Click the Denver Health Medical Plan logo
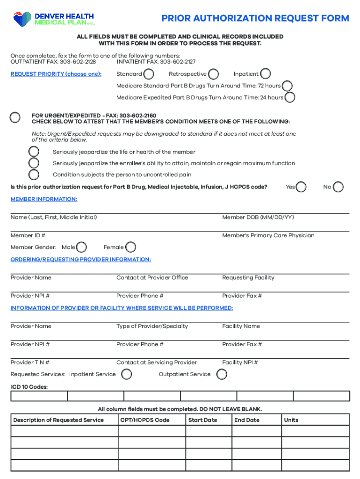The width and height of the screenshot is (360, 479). pyautogui.click(x=54, y=19)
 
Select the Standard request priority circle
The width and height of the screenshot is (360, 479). pyautogui.click(x=149, y=74)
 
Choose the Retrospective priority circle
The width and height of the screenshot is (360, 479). pyautogui.click(x=213, y=74)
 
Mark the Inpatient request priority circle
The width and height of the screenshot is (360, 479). pyautogui.click(x=266, y=74)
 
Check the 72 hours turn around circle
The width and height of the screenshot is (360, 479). pyautogui.click(x=288, y=86)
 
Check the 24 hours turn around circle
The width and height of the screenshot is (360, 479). pyautogui.click(x=290, y=97)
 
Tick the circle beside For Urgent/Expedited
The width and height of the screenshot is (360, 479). pyautogui.click(x=15, y=117)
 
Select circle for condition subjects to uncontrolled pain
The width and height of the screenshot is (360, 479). pyautogui.click(x=34, y=175)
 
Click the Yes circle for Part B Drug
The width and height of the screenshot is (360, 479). pyautogui.click(x=302, y=187)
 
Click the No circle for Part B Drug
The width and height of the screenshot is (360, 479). pyautogui.click(x=338, y=187)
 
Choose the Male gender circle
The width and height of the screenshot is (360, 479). pyautogui.click(x=81, y=247)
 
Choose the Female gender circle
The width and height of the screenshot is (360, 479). pyautogui.click(x=131, y=247)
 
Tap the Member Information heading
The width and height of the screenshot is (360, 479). pyautogui.click(x=44, y=199)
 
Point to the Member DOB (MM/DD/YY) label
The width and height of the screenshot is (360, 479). pyautogui.click(x=258, y=218)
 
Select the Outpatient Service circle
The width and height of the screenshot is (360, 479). pyautogui.click(x=222, y=374)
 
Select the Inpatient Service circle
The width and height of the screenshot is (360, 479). pyautogui.click(x=126, y=374)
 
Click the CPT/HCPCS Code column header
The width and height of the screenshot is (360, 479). pyautogui.click(x=145, y=420)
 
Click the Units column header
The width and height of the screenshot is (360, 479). pyautogui.click(x=291, y=420)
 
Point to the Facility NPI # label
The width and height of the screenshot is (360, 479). pyautogui.click(x=240, y=363)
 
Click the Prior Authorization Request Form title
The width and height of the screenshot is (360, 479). pyautogui.click(x=255, y=19)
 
